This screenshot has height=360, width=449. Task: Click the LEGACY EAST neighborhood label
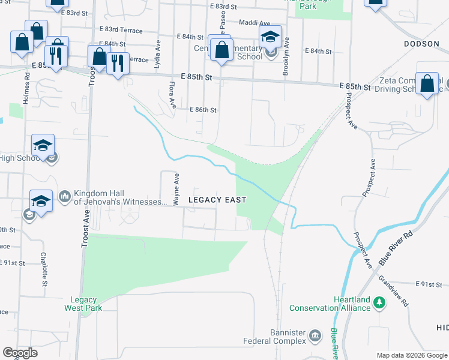(x=217, y=199)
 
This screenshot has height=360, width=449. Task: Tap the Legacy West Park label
(x=83, y=304)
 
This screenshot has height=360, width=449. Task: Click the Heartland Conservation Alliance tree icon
(x=379, y=302)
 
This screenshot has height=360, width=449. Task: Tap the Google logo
(x=20, y=353)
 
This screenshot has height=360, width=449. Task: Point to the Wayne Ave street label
(x=176, y=190)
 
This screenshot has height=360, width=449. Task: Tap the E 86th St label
(x=203, y=110)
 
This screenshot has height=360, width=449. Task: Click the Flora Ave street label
(x=173, y=96)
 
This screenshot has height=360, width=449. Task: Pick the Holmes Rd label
(x=26, y=88)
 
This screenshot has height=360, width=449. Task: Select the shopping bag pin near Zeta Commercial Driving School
(x=427, y=85)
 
